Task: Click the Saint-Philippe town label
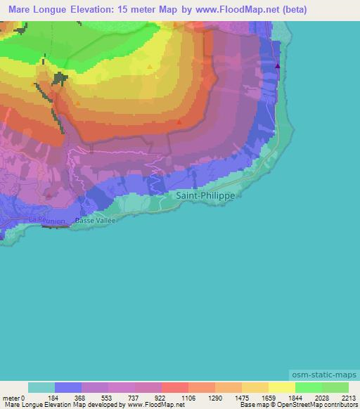tap(205, 196)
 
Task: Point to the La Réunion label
tap(48, 221)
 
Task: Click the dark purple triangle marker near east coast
tap(278, 66)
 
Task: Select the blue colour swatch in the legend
tap(68, 388)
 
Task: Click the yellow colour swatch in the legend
tap(282, 388)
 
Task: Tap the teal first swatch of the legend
tap(41, 388)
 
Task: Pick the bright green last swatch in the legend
tap(335, 388)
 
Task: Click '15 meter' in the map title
tap(141, 10)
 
